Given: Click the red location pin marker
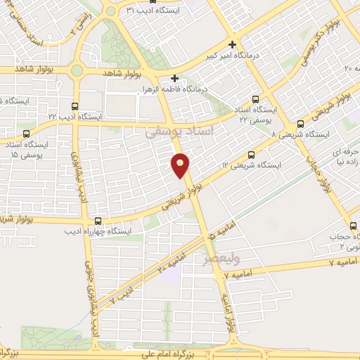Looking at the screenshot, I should pos(181,165).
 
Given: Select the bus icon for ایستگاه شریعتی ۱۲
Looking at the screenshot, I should pos(253,155).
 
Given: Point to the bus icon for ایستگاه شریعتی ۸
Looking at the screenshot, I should pos(300,123).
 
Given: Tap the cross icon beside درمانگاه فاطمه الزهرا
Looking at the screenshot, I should pos(175,78).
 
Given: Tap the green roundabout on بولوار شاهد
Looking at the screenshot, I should pos(77,70).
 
